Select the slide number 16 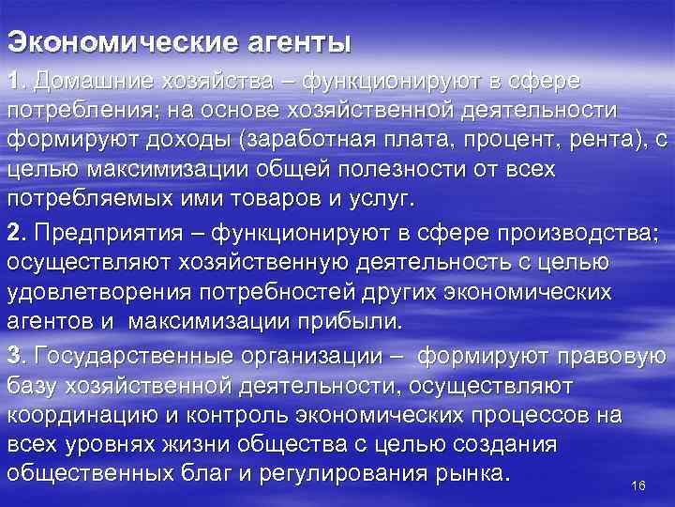coord(640,484)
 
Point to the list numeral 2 coord(13,230)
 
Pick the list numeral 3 coord(13,356)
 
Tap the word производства coord(577,230)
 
